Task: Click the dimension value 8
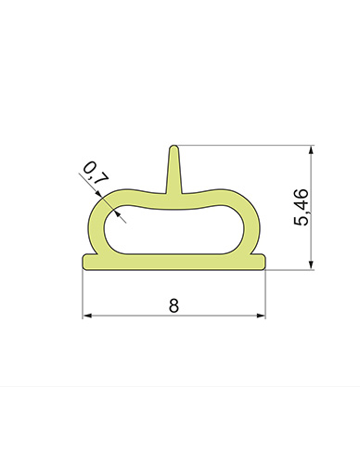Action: [174, 305]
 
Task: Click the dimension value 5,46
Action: [301, 207]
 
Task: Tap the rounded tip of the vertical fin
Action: [174, 147]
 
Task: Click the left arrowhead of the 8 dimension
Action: [87, 316]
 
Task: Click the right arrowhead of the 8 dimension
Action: [262, 316]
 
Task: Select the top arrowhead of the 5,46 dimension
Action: [312, 149]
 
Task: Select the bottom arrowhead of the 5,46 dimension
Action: [312, 265]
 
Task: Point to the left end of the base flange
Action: [83, 263]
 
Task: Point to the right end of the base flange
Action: [264, 263]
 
